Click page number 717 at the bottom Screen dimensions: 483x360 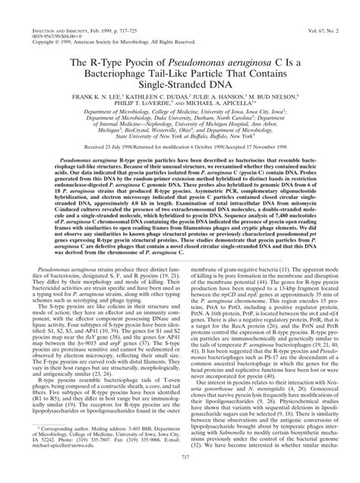pos(179,475)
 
